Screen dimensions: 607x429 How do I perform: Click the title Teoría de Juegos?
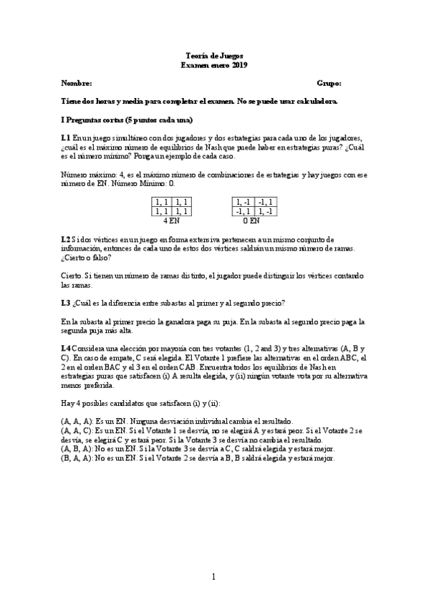point(213,54)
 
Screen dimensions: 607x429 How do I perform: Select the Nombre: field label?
point(77,83)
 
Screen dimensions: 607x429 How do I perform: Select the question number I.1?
point(66,137)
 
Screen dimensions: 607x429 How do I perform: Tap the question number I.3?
point(66,303)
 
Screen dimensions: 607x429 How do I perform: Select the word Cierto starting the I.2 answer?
point(73,275)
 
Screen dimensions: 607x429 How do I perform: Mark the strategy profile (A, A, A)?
point(77,422)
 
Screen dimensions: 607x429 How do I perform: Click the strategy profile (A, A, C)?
point(77,432)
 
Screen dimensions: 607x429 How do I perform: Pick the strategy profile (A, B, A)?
point(77,450)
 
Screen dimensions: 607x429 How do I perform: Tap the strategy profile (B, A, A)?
point(77,459)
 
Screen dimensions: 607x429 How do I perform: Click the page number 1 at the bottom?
point(213,577)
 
